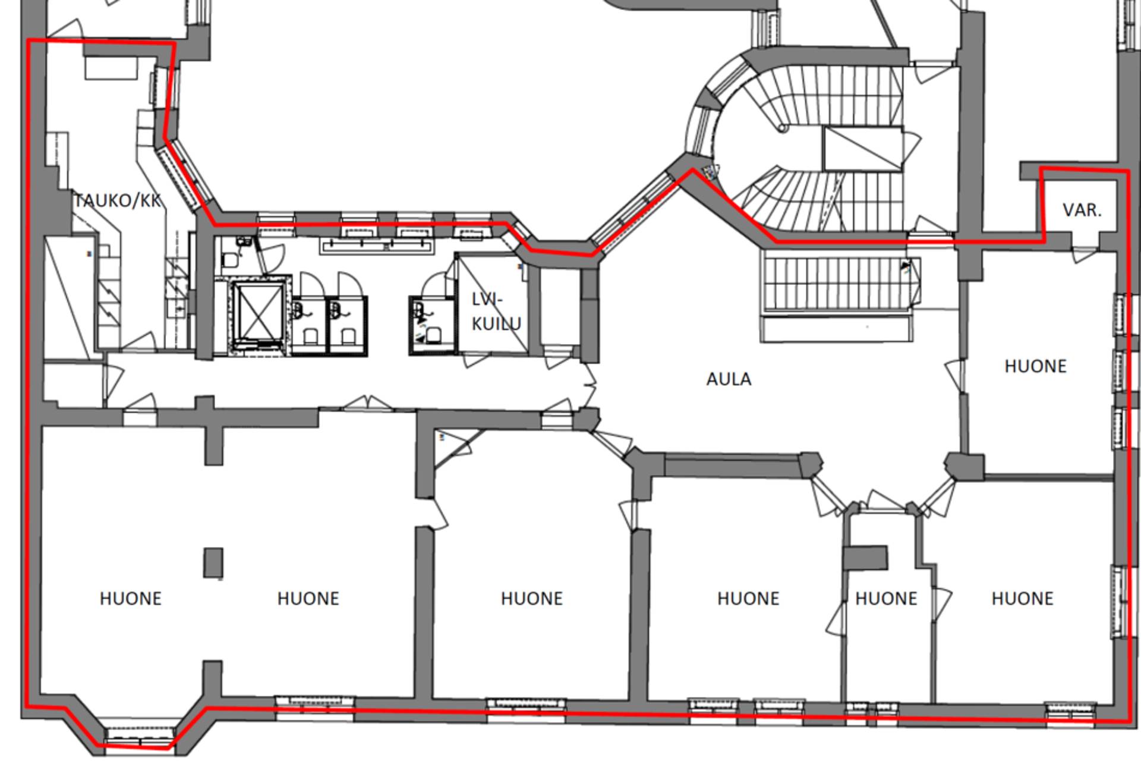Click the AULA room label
(729, 379)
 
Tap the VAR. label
(1082, 210)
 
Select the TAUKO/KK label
(118, 201)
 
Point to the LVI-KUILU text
(496, 312)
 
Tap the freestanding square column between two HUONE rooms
(213, 562)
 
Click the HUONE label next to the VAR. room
(1035, 366)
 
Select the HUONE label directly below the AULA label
(748, 599)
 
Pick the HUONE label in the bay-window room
(131, 599)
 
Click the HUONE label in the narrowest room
(886, 599)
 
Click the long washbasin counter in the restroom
(376, 246)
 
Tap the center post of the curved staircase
(783, 128)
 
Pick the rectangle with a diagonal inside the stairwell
(861, 149)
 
